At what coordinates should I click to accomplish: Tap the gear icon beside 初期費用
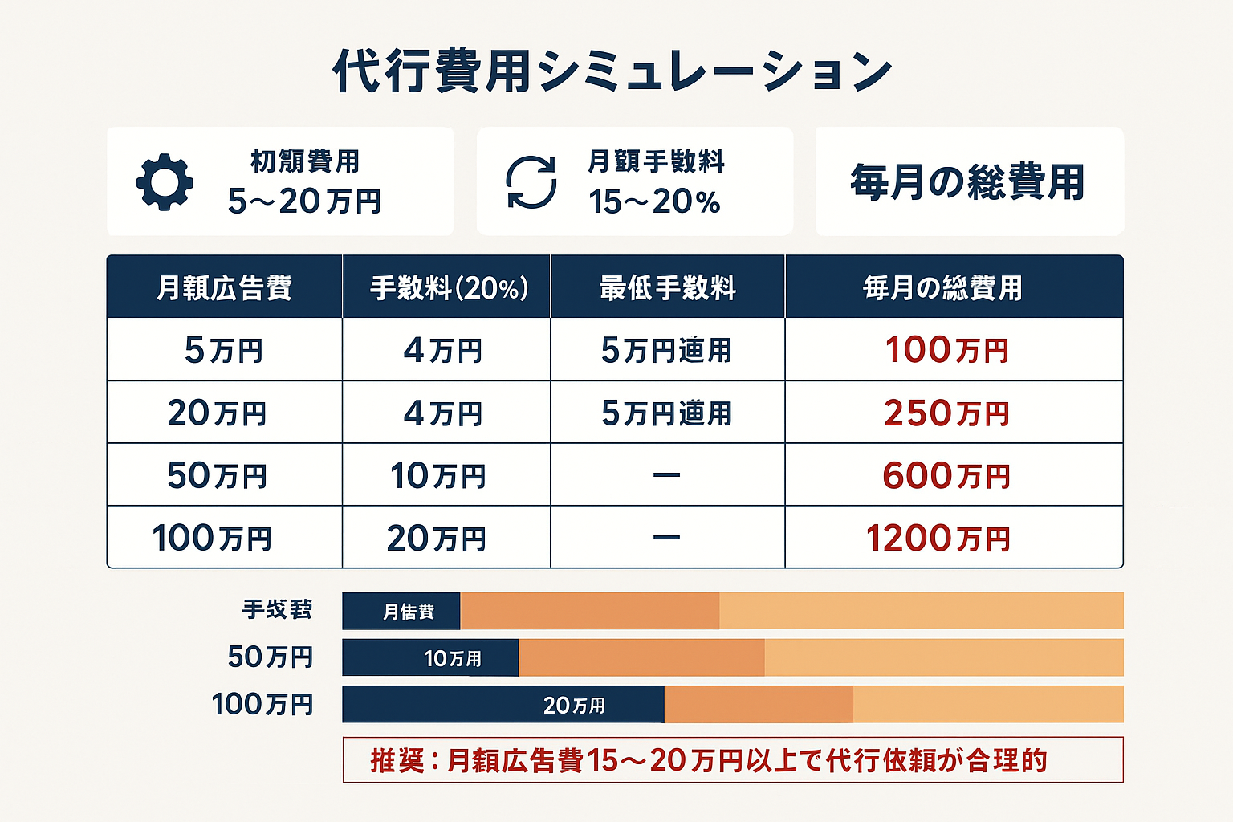pos(165,182)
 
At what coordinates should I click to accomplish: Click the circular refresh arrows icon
pos(531,182)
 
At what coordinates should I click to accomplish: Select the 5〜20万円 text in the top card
pos(304,201)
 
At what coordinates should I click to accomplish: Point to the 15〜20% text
pos(654,201)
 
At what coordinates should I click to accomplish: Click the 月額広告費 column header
pos(224,287)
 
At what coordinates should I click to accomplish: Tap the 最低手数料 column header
pos(667,287)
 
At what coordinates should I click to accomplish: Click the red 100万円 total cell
pos(947,350)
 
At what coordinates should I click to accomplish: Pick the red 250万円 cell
pos(947,413)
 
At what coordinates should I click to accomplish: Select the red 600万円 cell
pos(946,476)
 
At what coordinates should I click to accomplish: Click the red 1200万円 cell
pos(938,539)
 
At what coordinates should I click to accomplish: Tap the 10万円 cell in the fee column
pos(438,476)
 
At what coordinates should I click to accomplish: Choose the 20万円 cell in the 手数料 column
pos(437,539)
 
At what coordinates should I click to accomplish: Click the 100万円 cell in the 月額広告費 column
pos(212,539)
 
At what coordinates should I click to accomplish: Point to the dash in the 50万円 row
pos(666,475)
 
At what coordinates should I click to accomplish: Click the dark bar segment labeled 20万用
pos(503,705)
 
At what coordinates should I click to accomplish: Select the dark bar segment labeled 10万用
pos(430,658)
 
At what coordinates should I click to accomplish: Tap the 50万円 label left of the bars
pos(270,657)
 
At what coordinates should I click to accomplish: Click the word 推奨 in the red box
pos(397,760)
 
